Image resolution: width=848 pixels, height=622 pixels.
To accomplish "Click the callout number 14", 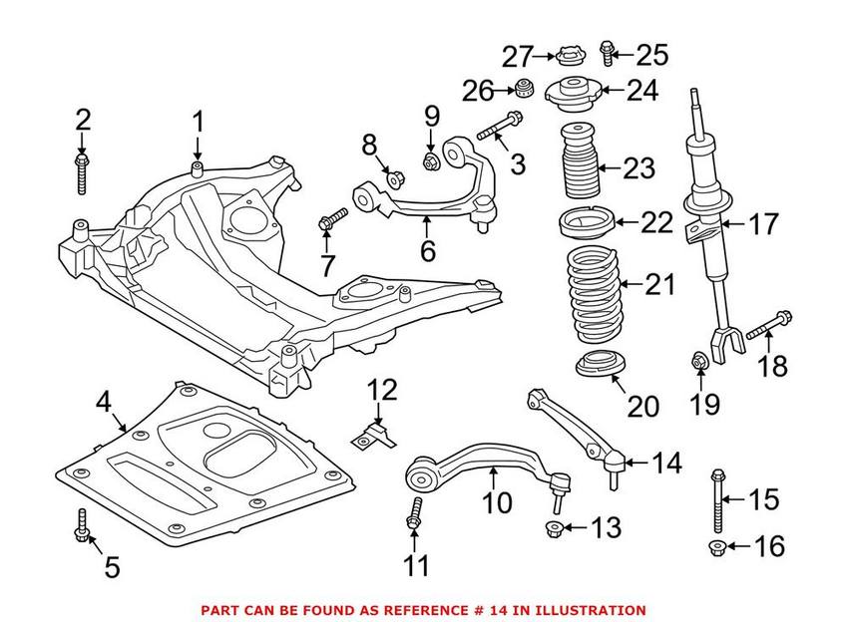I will (667, 463).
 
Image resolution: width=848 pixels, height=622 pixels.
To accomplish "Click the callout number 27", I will (518, 56).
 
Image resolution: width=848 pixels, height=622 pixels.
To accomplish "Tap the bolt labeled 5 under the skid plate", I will (81, 527).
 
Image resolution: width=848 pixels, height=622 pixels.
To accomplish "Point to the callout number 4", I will (104, 404).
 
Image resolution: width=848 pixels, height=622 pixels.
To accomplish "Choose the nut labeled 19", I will (699, 362).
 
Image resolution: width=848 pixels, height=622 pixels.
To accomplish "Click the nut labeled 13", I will (554, 526).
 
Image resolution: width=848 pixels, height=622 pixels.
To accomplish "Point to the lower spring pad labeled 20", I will (601, 367).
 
